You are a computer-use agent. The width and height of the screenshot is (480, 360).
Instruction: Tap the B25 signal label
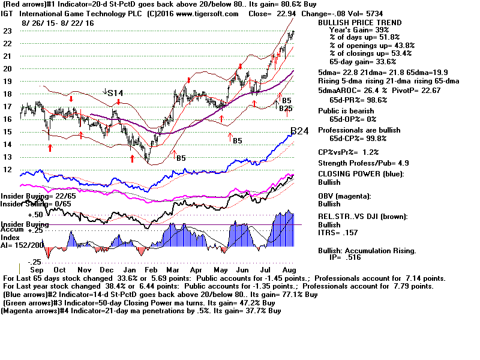pos(285,109)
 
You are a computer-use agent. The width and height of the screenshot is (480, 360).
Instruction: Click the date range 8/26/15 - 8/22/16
pos(58,22)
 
